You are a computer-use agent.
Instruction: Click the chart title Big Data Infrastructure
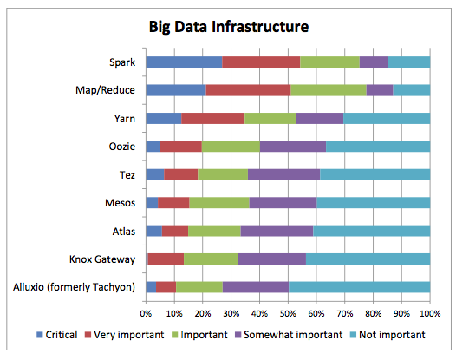(x=229, y=27)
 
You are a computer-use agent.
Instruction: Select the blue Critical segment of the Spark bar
(x=184, y=62)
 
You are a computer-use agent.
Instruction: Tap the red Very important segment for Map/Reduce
(x=248, y=90)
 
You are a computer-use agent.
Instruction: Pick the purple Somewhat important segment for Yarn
(x=320, y=119)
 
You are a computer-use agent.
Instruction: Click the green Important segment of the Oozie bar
(x=231, y=147)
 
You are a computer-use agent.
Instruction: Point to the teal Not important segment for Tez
(x=375, y=174)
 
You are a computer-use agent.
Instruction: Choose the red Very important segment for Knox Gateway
(x=166, y=259)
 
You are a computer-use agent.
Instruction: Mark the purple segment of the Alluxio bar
(x=256, y=287)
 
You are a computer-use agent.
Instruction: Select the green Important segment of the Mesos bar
(x=219, y=203)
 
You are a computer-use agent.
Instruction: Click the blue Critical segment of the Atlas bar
(x=153, y=231)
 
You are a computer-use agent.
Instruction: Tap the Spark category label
(x=122, y=62)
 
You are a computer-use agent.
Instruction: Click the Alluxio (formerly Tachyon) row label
(x=75, y=287)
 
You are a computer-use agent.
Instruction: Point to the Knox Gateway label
(x=102, y=259)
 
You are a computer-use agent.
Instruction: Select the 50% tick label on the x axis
(x=288, y=314)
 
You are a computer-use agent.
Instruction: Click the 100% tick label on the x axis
(x=430, y=314)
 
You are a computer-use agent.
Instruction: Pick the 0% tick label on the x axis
(x=146, y=314)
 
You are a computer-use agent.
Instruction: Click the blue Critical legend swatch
(x=40, y=335)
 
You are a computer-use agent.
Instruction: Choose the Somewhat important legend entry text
(x=293, y=335)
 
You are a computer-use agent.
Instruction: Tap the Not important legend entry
(x=388, y=335)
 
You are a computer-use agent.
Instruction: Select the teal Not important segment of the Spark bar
(x=409, y=62)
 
